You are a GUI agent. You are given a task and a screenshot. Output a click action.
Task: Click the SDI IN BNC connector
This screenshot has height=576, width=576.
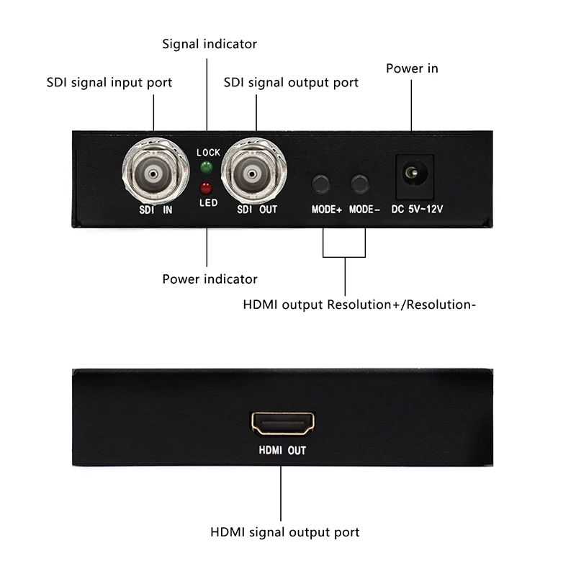(x=155, y=172)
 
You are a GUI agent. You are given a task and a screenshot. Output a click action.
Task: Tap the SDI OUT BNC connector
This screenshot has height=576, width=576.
(x=253, y=172)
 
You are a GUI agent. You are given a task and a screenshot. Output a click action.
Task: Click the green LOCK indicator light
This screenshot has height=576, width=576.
(x=207, y=167)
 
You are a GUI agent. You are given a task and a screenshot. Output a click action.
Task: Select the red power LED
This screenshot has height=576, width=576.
(x=206, y=188)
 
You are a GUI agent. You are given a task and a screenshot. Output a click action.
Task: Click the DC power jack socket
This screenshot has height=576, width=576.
(x=415, y=176)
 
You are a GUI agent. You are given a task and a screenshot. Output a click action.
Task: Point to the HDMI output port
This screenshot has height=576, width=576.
(x=282, y=423)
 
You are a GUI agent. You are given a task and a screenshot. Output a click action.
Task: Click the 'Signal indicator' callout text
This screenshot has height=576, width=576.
(x=210, y=44)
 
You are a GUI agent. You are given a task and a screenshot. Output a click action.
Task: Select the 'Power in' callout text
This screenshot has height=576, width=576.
(x=412, y=68)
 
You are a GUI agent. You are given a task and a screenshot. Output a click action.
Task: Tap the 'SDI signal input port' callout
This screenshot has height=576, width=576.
(x=109, y=83)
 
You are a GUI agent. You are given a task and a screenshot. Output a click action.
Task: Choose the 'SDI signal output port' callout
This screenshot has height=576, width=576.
(x=291, y=83)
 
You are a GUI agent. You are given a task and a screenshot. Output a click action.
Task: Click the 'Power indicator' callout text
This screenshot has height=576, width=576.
(x=210, y=279)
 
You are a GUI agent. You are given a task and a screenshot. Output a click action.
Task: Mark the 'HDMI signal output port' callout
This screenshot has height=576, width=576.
(x=284, y=532)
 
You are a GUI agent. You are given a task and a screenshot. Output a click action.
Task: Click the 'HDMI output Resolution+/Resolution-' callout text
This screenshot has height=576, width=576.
(x=359, y=305)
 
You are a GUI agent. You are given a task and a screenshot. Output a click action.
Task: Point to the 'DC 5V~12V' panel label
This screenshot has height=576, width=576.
(x=417, y=209)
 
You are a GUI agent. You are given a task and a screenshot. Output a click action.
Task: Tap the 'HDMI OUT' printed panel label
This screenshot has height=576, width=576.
(x=282, y=451)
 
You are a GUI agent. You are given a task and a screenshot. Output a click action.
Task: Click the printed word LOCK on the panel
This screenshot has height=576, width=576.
(x=208, y=153)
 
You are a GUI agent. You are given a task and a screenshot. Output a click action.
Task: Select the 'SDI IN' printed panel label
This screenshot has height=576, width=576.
(x=156, y=210)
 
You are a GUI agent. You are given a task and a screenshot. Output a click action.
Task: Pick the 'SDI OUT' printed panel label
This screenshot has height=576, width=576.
(x=257, y=210)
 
